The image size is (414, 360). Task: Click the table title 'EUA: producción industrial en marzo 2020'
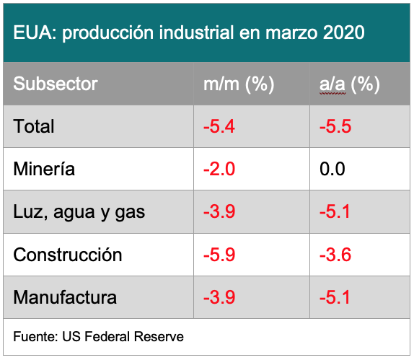(x=189, y=32)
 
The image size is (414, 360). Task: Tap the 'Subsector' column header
(x=56, y=84)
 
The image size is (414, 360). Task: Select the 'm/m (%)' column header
(x=239, y=84)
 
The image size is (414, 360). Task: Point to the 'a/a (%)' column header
(x=350, y=84)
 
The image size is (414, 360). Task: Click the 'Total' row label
(x=34, y=126)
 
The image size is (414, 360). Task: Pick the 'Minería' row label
(x=44, y=169)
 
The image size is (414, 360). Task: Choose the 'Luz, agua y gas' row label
(x=79, y=212)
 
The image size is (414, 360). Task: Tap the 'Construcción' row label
(x=68, y=255)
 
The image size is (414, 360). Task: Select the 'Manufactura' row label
(x=65, y=297)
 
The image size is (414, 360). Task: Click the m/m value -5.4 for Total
(x=219, y=126)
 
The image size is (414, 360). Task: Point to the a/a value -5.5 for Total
(x=335, y=126)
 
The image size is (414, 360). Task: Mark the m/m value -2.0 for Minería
(x=219, y=169)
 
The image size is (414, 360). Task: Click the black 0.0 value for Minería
(x=332, y=169)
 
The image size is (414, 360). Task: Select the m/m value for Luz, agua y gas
(x=219, y=211)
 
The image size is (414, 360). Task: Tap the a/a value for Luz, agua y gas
(x=335, y=211)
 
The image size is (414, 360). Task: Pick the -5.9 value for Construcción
(x=219, y=255)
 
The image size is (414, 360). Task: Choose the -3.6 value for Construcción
(x=335, y=255)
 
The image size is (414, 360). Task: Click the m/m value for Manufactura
(x=219, y=297)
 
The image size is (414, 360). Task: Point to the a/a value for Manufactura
(x=335, y=297)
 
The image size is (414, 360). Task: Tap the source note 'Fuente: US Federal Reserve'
(x=99, y=336)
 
